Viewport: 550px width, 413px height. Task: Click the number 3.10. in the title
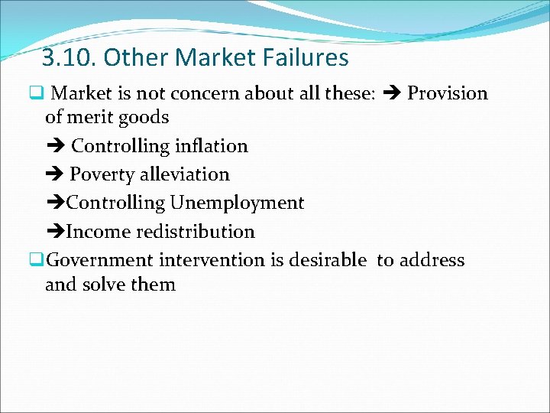point(70,58)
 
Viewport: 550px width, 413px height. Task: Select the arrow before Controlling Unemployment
point(55,203)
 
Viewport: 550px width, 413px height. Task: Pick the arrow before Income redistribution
point(55,232)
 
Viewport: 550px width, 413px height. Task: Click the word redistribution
point(202,232)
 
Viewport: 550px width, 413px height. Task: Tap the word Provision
point(447,93)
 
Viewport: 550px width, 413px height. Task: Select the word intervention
point(212,260)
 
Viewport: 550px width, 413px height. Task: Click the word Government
point(101,260)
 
